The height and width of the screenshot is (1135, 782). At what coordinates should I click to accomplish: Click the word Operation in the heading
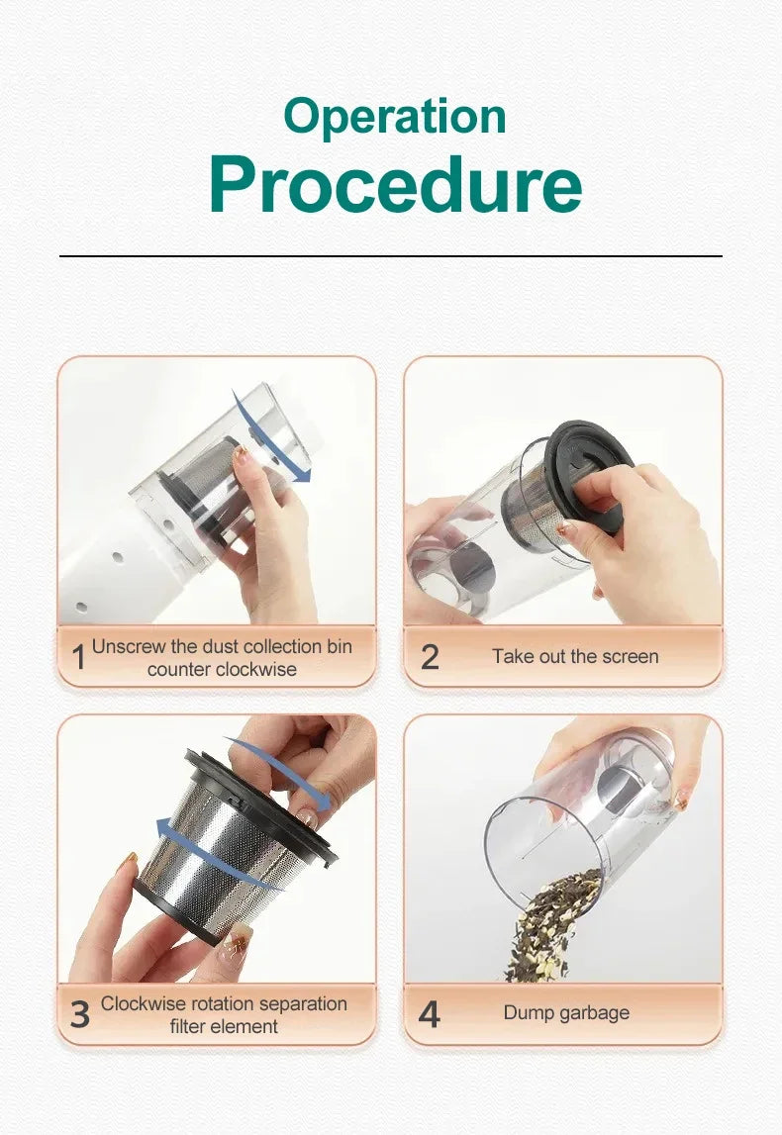[394, 117]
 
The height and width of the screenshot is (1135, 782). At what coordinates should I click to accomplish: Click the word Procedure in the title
[394, 184]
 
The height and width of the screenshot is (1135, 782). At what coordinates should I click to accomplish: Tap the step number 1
[78, 657]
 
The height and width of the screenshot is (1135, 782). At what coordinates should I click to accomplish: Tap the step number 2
[430, 657]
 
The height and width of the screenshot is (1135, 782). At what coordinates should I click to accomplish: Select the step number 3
[79, 1014]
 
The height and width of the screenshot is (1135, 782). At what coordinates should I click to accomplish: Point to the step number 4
[430, 1014]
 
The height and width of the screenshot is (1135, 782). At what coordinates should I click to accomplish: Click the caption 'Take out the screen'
[574, 657]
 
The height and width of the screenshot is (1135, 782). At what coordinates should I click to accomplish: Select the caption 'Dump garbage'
[565, 1013]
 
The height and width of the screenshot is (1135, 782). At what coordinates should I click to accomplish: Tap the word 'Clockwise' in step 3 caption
[143, 1003]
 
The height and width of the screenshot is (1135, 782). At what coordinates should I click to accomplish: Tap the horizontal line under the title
[390, 256]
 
